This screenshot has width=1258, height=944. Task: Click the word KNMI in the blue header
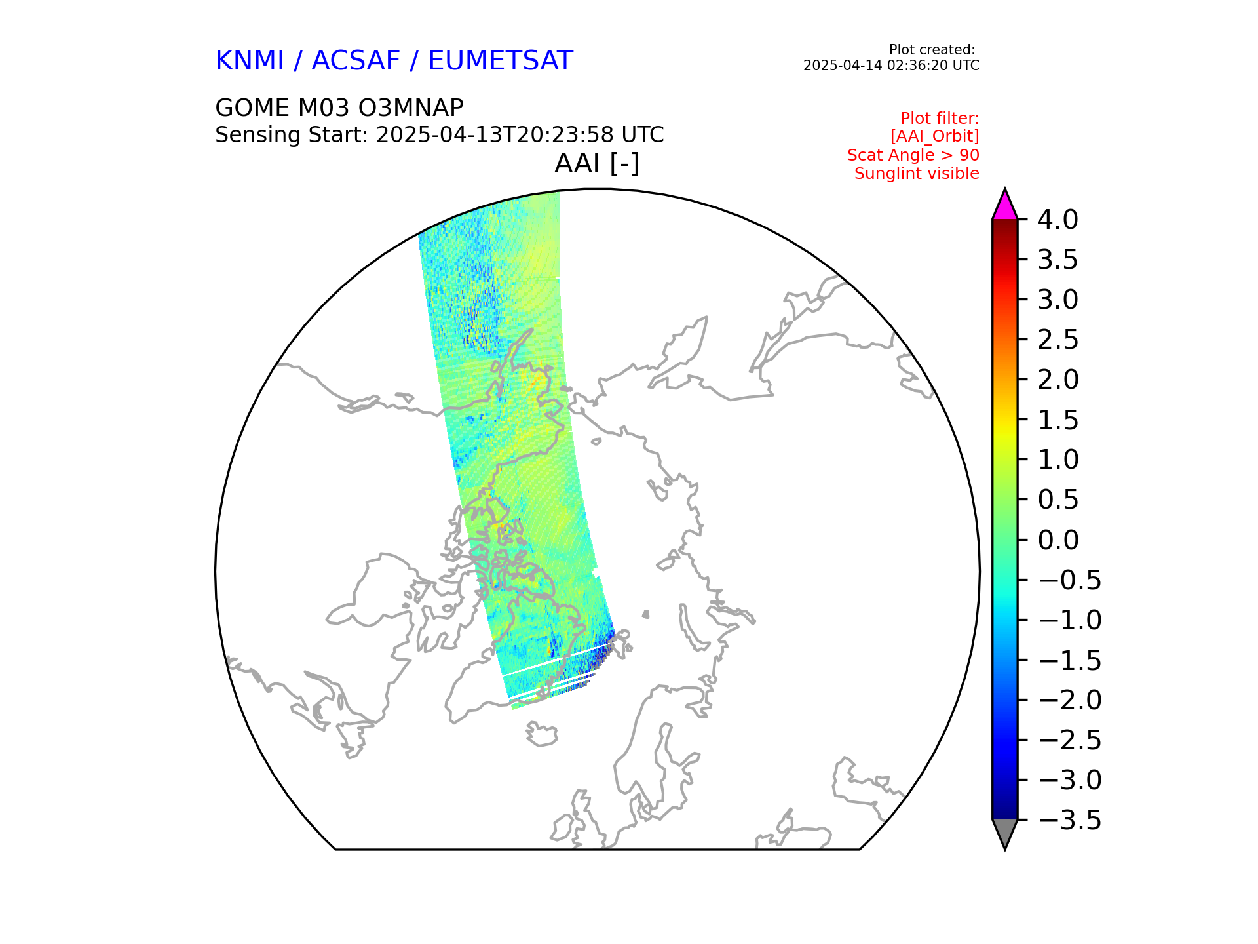(250, 61)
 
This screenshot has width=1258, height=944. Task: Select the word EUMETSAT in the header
(501, 61)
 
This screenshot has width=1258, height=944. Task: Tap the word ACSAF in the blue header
(356, 61)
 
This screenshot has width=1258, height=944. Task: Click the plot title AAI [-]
(596, 163)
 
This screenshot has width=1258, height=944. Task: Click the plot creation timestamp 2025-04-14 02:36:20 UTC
(891, 66)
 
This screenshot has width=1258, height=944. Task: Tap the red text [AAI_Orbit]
(934, 136)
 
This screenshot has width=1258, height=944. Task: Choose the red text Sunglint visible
(917, 174)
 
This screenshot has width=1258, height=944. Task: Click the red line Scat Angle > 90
(913, 155)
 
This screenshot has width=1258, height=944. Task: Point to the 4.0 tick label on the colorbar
(1058, 220)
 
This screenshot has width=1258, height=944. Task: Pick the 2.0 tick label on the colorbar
(1058, 380)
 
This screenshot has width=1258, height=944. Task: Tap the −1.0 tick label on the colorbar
(1069, 620)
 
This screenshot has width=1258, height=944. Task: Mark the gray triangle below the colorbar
(1004, 832)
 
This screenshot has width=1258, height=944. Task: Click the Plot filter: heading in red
(940, 119)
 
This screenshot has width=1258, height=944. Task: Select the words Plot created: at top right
(932, 50)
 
